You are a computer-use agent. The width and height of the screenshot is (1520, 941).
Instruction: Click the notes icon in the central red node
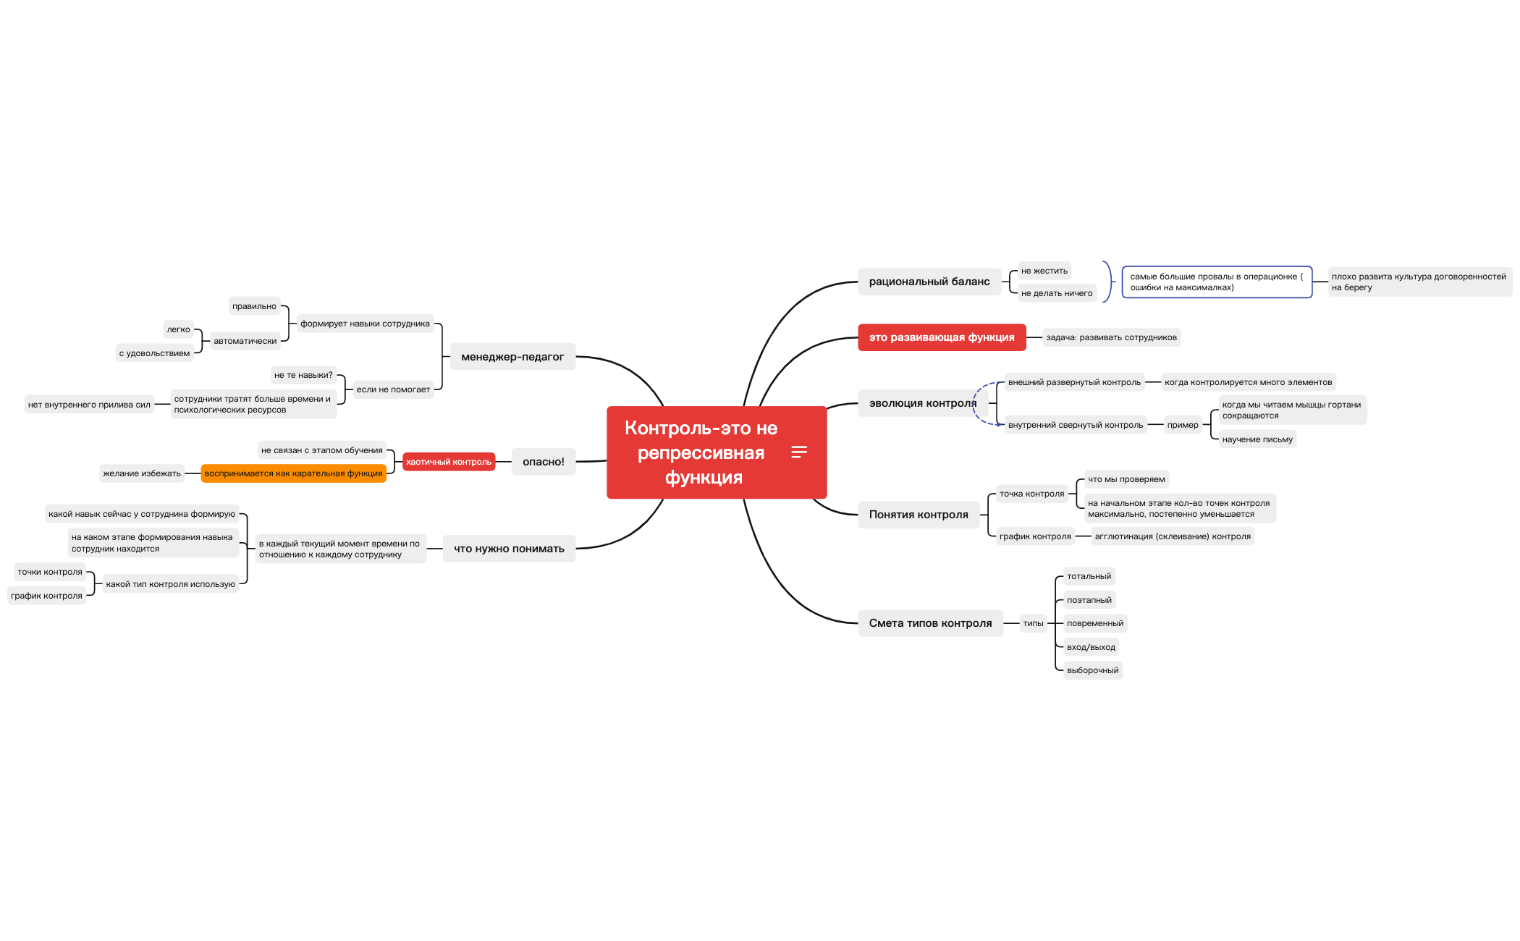click(798, 452)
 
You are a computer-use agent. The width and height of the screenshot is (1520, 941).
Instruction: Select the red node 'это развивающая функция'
click(941, 337)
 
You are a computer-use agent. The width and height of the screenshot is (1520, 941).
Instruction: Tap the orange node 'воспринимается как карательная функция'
click(293, 473)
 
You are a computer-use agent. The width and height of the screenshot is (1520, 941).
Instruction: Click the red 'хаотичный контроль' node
click(448, 462)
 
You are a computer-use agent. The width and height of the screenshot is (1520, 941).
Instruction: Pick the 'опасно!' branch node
click(543, 462)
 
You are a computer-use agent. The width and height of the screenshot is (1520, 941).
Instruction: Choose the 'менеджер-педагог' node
click(512, 357)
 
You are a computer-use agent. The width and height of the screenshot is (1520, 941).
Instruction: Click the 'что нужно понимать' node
click(508, 549)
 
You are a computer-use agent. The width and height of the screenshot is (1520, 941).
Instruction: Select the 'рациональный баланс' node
click(929, 282)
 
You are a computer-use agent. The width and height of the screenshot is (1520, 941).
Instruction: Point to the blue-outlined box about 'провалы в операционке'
click(1216, 282)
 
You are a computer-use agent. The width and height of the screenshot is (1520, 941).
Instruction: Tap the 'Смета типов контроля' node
click(930, 623)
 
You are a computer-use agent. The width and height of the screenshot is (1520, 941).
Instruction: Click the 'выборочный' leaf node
click(1092, 670)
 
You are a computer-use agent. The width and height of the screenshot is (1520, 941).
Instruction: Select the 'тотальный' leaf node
click(1089, 576)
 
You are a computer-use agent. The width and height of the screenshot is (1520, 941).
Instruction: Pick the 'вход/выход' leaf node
click(1091, 647)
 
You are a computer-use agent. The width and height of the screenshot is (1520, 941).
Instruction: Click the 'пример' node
click(1182, 425)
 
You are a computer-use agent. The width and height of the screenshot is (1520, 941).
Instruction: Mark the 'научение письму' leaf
click(1257, 439)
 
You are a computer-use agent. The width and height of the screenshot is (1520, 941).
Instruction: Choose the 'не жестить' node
click(1044, 271)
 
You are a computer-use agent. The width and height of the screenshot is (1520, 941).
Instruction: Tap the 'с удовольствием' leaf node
click(154, 353)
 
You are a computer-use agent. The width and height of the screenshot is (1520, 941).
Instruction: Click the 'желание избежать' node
click(142, 473)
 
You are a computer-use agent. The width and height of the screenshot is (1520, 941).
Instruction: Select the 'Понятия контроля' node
click(918, 515)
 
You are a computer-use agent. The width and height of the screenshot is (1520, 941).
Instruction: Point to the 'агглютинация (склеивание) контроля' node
click(1172, 536)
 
